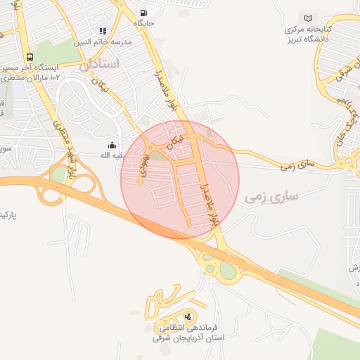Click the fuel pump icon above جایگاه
click(x=144, y=13)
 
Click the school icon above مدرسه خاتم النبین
click(x=103, y=31)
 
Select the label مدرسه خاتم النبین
click(x=103, y=41)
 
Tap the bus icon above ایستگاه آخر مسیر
click(x=30, y=57)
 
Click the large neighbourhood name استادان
click(x=99, y=65)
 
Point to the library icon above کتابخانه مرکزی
click(x=308, y=18)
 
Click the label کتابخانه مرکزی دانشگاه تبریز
click(x=308, y=33)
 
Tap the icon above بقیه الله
click(x=112, y=145)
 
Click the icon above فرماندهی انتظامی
click(x=188, y=317)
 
